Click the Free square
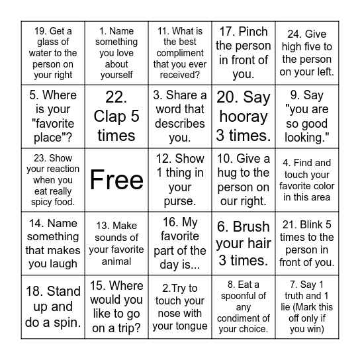click(116, 180)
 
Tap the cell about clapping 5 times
click(116, 116)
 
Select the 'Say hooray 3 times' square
click(244, 116)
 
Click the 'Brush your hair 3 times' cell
click(244, 243)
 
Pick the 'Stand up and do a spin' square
click(53, 307)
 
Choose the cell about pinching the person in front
click(244, 53)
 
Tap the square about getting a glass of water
click(53, 53)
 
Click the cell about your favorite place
click(53, 116)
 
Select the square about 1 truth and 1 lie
click(307, 307)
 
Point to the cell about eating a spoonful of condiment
click(244, 307)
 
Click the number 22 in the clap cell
click(116, 97)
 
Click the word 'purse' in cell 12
click(180, 201)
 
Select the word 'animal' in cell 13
click(116, 261)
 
